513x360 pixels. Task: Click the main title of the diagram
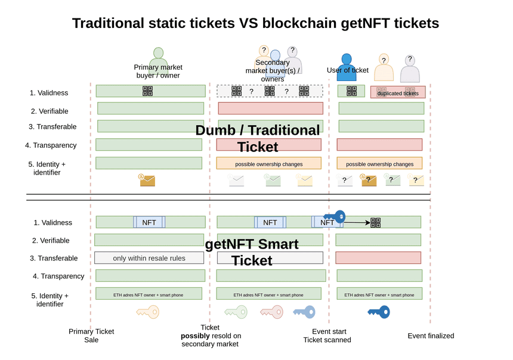pyautogui.click(x=255, y=23)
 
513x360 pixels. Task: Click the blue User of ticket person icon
pyautogui.click(x=346, y=67)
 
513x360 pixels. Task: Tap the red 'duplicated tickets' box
pyautogui.click(x=397, y=92)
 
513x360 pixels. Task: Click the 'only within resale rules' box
pyautogui.click(x=149, y=258)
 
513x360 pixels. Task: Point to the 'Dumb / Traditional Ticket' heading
pyautogui.click(x=257, y=138)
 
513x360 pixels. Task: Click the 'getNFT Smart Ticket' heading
pyautogui.click(x=252, y=252)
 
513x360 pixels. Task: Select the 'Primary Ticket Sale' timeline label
pyautogui.click(x=91, y=336)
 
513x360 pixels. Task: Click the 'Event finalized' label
pyautogui.click(x=431, y=336)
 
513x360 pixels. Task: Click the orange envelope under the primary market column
pyautogui.click(x=147, y=179)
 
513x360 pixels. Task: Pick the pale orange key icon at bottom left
pyautogui.click(x=147, y=312)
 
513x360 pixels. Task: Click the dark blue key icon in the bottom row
pyautogui.click(x=379, y=312)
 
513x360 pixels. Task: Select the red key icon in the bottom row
pyautogui.click(x=271, y=312)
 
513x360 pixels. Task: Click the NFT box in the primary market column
pyautogui.click(x=149, y=222)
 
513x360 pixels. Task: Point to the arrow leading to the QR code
pyautogui.click(x=356, y=222)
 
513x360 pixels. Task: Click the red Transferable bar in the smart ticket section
pyautogui.click(x=378, y=257)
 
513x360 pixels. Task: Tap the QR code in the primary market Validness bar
pyautogui.click(x=147, y=91)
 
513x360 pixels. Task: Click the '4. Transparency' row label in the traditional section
pyautogui.click(x=51, y=145)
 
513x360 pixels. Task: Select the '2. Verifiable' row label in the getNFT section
pyautogui.click(x=51, y=241)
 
